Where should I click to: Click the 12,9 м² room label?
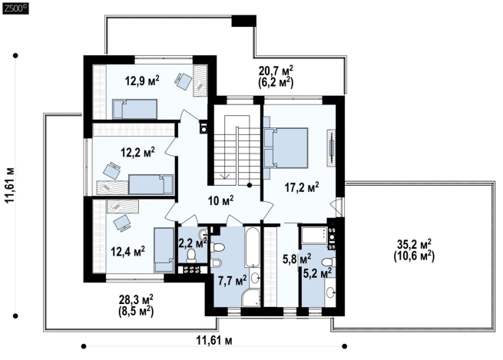pos(142,81)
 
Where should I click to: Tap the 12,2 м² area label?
pos(137,152)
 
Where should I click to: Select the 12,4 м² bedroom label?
pos(127,251)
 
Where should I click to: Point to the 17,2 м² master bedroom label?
pos(302,187)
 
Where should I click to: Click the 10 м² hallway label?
pos(220,200)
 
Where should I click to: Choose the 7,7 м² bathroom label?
pos(232,281)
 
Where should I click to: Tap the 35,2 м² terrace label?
pos(414,244)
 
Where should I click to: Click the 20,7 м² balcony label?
pos(276,70)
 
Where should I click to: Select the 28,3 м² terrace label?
pos(136,299)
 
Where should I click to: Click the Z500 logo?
pos(15,8)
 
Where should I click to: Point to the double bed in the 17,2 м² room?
pos(286,148)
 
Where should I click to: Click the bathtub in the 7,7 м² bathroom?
pos(252,247)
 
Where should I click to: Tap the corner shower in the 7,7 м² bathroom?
pos(251,298)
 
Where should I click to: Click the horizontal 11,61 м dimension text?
pos(214,340)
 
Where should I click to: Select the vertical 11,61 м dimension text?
pos(10,185)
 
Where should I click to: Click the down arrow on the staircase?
pos(224,175)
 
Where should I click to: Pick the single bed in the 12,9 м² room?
pos(134,109)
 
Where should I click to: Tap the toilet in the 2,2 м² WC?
pos(191,255)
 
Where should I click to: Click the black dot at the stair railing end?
pos(250,185)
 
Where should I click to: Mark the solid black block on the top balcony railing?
pos(243,21)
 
